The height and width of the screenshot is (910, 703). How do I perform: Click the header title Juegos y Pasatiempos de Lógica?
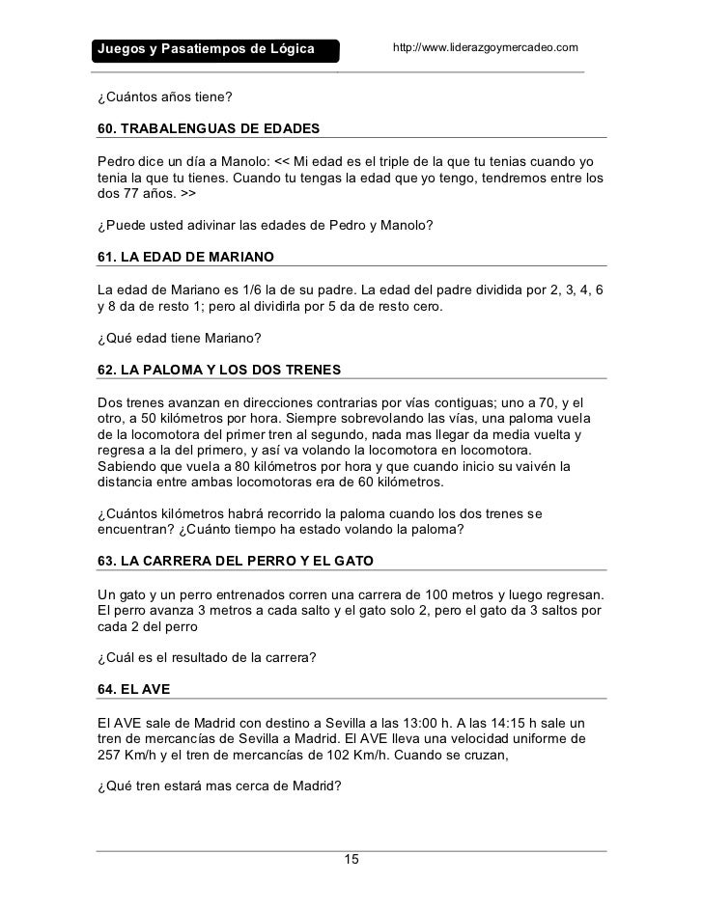click(205, 49)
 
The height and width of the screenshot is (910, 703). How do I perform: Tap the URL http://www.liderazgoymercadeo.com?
click(485, 47)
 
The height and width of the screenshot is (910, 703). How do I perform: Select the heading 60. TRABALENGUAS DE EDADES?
click(208, 128)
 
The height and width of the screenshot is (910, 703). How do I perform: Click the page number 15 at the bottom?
click(351, 860)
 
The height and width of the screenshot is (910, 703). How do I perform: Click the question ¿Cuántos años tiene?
click(165, 97)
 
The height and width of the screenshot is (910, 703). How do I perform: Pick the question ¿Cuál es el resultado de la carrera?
click(207, 658)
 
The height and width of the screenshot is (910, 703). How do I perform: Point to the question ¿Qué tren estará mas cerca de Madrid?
click(220, 786)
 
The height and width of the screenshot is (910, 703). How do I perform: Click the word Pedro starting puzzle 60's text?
click(116, 159)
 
